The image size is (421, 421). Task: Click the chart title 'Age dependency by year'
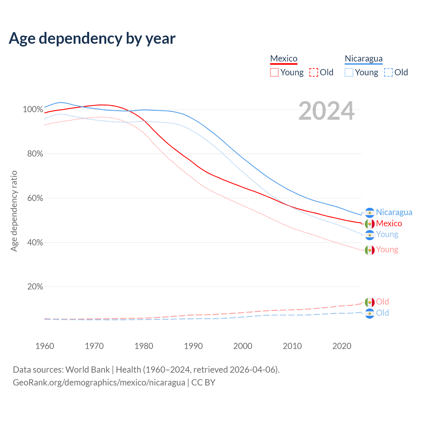coord(92,38)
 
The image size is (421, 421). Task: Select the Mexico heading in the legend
coord(284,59)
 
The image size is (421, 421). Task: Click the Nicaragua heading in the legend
coord(363,59)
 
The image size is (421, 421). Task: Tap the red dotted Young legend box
coord(274,72)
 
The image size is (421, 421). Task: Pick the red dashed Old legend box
coord(314,72)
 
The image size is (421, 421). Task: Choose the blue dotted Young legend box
coord(349,72)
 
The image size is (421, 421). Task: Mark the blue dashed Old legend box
coord(388,72)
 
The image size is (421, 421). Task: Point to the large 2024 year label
coord(326,111)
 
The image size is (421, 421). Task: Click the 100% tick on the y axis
coord(33,109)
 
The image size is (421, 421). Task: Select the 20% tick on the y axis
coord(35,287)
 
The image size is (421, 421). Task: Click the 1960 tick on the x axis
coord(45,346)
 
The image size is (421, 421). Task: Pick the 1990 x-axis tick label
coord(193,346)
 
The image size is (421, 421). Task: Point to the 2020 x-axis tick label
coord(342,346)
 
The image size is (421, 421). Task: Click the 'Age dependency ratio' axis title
coord(14,211)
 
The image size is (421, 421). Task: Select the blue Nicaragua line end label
coord(394,212)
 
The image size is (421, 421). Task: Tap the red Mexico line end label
coord(389,224)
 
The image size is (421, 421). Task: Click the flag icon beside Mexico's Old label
coord(370,302)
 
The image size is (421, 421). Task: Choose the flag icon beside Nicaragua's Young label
coord(370,235)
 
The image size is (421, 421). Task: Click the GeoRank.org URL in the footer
coord(99,383)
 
